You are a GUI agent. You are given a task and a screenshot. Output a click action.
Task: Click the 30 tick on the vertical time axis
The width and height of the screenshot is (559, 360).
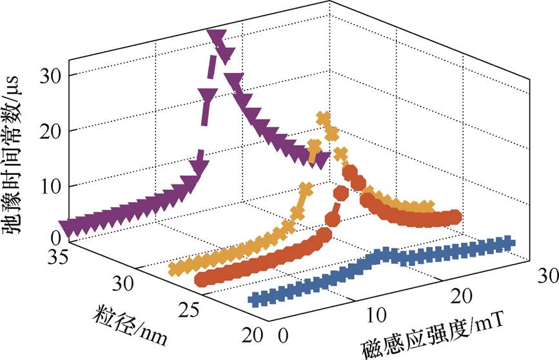tap(49, 75)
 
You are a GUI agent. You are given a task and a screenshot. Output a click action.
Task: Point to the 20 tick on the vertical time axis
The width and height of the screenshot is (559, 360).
tap(49, 132)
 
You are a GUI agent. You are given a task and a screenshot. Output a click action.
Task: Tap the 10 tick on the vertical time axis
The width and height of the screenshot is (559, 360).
tap(49, 186)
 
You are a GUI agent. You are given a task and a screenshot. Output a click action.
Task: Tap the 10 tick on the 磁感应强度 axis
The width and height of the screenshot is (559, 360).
tap(377, 315)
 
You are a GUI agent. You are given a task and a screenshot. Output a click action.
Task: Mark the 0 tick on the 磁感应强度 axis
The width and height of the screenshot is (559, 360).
tap(282, 337)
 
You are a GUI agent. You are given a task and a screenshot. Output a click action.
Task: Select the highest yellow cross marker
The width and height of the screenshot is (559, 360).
tap(324, 118)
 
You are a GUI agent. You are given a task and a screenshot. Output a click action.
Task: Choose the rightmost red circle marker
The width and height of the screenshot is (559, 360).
tap(455, 217)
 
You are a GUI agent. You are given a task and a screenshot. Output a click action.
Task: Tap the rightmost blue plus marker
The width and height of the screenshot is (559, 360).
tap(509, 243)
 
